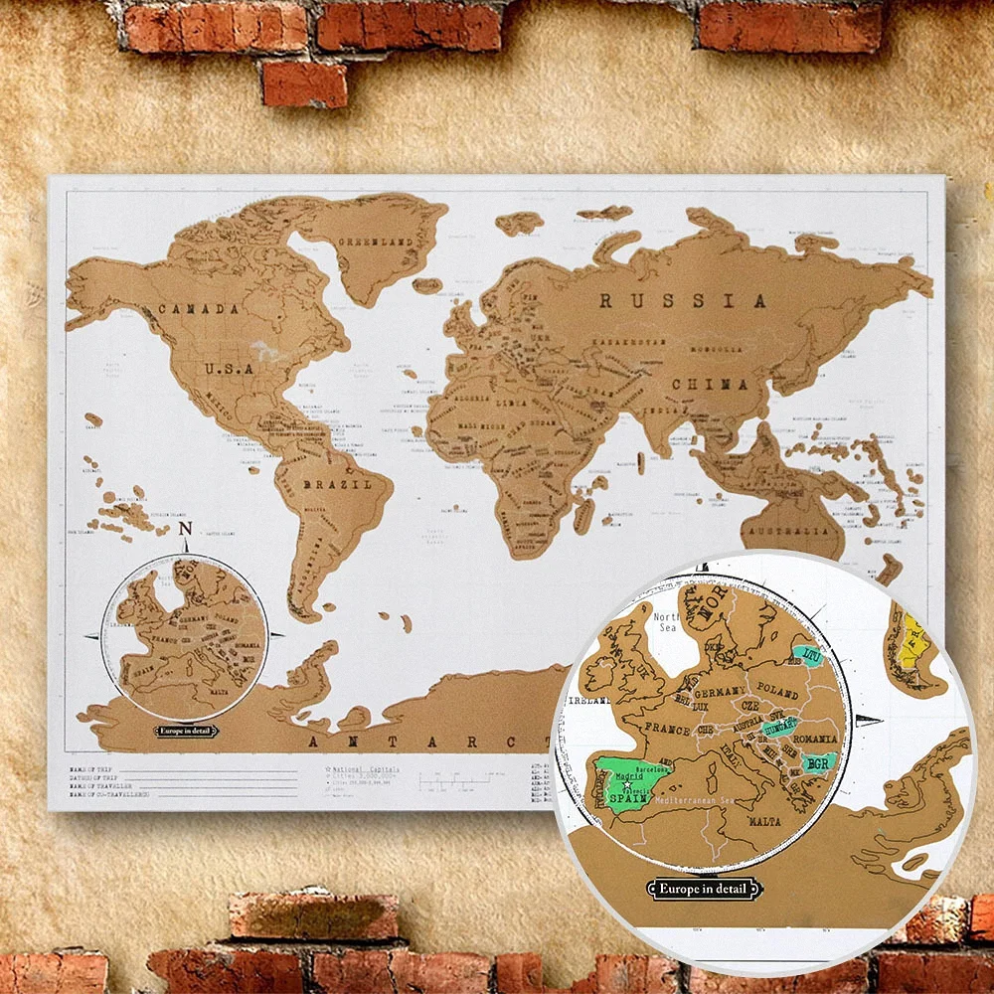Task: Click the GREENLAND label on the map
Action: pyautogui.click(x=375, y=242)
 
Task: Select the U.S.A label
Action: pyautogui.click(x=231, y=368)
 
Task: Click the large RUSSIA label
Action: pyautogui.click(x=683, y=300)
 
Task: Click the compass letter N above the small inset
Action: pyautogui.click(x=185, y=531)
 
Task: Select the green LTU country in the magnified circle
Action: pyautogui.click(x=811, y=654)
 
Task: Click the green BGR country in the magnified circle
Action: pyautogui.click(x=818, y=763)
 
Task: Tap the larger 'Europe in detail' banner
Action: pyautogui.click(x=701, y=888)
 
